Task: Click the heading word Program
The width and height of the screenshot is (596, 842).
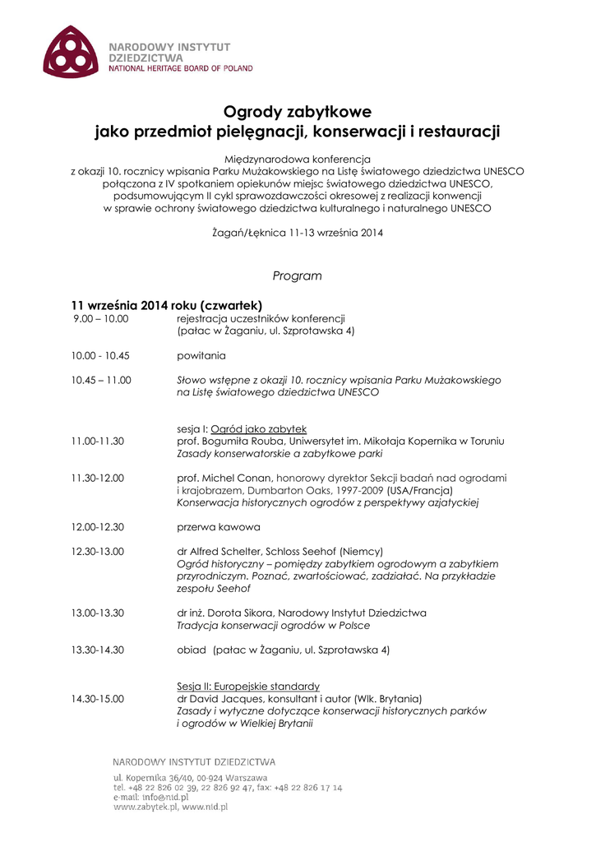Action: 297,275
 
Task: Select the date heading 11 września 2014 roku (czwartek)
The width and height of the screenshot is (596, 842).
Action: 166,304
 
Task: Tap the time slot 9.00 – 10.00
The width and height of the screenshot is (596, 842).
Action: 100,318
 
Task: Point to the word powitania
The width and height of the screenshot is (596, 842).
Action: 201,356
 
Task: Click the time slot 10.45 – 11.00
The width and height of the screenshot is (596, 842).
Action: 101,381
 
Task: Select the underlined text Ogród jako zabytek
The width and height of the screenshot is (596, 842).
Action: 258,429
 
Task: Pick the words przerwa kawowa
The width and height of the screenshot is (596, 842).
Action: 219,526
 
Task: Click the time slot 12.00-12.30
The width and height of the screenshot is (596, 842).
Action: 98,526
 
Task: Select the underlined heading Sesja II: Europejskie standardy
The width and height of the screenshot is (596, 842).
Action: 248,686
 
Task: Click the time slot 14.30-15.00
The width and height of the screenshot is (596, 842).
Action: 98,698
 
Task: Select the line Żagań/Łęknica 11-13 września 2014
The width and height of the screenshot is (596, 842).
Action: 297,233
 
